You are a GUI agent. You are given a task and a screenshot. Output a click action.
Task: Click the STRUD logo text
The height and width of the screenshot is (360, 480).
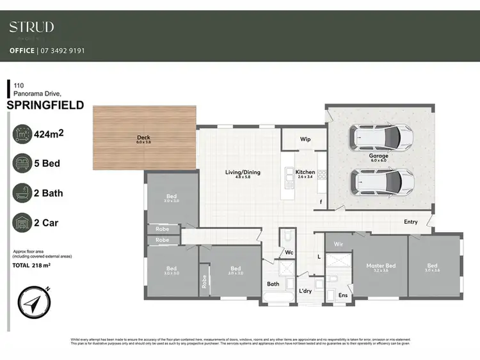click(31, 27)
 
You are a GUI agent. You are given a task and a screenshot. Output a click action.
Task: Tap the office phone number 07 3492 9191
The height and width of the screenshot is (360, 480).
click(62, 51)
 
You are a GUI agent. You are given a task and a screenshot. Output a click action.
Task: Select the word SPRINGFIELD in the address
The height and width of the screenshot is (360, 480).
click(45, 106)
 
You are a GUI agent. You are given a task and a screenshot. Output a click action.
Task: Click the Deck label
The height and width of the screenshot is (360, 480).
click(143, 137)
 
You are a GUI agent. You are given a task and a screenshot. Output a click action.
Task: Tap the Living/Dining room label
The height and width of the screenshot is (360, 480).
click(243, 172)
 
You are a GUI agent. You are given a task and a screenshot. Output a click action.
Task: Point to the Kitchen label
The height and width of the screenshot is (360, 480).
click(305, 172)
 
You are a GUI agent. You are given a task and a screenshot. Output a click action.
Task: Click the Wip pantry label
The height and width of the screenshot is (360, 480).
click(305, 139)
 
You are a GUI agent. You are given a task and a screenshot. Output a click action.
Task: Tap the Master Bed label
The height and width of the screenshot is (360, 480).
click(381, 265)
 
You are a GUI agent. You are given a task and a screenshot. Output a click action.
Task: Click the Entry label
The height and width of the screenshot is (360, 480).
click(410, 222)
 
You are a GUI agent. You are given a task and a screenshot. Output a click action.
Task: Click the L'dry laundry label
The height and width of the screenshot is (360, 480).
click(305, 292)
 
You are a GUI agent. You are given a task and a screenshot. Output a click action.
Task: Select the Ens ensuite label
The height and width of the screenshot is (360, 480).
click(343, 295)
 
